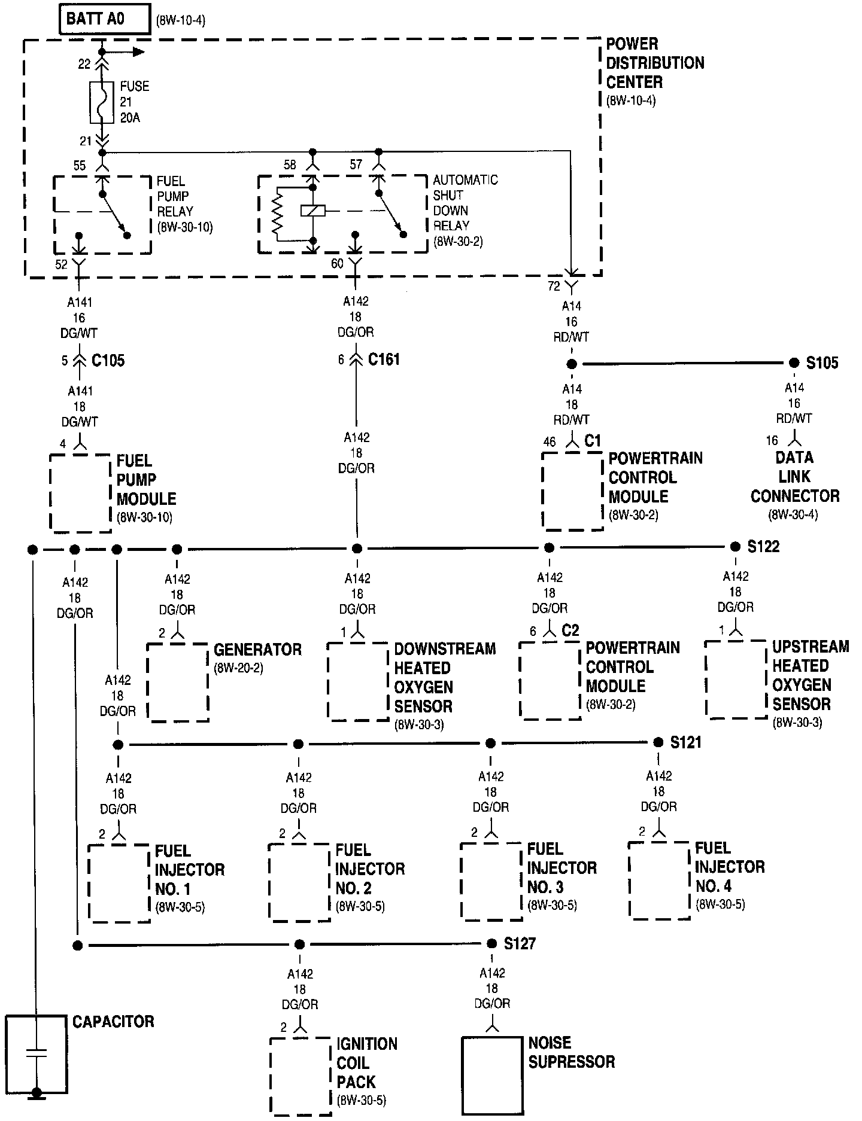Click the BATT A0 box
[104, 19]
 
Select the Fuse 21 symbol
[102, 102]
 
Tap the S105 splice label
[822, 363]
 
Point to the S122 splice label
[763, 547]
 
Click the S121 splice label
[685, 743]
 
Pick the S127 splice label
[519, 944]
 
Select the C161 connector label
[384, 360]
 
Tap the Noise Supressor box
[492, 1074]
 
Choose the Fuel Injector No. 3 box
[491, 881]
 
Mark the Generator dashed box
[178, 683]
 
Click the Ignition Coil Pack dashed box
[300, 1074]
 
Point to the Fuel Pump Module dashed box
[80, 493]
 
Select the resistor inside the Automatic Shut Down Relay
[277, 213]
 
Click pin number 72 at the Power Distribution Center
[554, 286]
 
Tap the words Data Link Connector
[794, 477]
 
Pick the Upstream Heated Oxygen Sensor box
[736, 679]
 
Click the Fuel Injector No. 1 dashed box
[119, 883]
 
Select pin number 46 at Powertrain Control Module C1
[549, 443]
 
